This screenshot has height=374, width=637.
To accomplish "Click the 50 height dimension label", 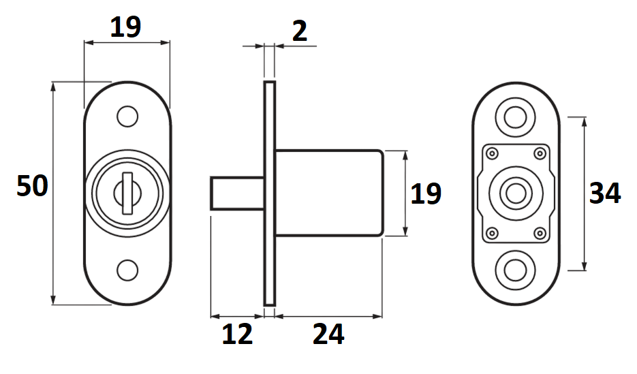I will [x=32, y=186].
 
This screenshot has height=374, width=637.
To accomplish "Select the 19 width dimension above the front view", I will [x=125, y=27].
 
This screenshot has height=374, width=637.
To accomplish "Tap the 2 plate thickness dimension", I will [x=299, y=31].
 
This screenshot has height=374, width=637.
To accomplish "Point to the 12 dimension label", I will [x=236, y=334].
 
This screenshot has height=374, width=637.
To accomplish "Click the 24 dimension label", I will [x=328, y=334].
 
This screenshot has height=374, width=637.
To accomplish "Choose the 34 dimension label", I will [x=605, y=194].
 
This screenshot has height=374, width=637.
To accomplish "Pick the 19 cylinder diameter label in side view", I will [x=426, y=194].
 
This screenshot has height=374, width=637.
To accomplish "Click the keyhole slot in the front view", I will [x=126, y=193].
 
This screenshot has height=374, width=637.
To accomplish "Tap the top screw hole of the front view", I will [x=127, y=116].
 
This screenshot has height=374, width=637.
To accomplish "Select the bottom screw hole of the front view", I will [x=127, y=270].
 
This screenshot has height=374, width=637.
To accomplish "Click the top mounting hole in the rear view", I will [x=516, y=116].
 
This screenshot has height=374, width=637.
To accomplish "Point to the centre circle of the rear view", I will [x=516, y=193].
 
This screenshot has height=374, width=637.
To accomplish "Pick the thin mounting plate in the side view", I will [x=269, y=193].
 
